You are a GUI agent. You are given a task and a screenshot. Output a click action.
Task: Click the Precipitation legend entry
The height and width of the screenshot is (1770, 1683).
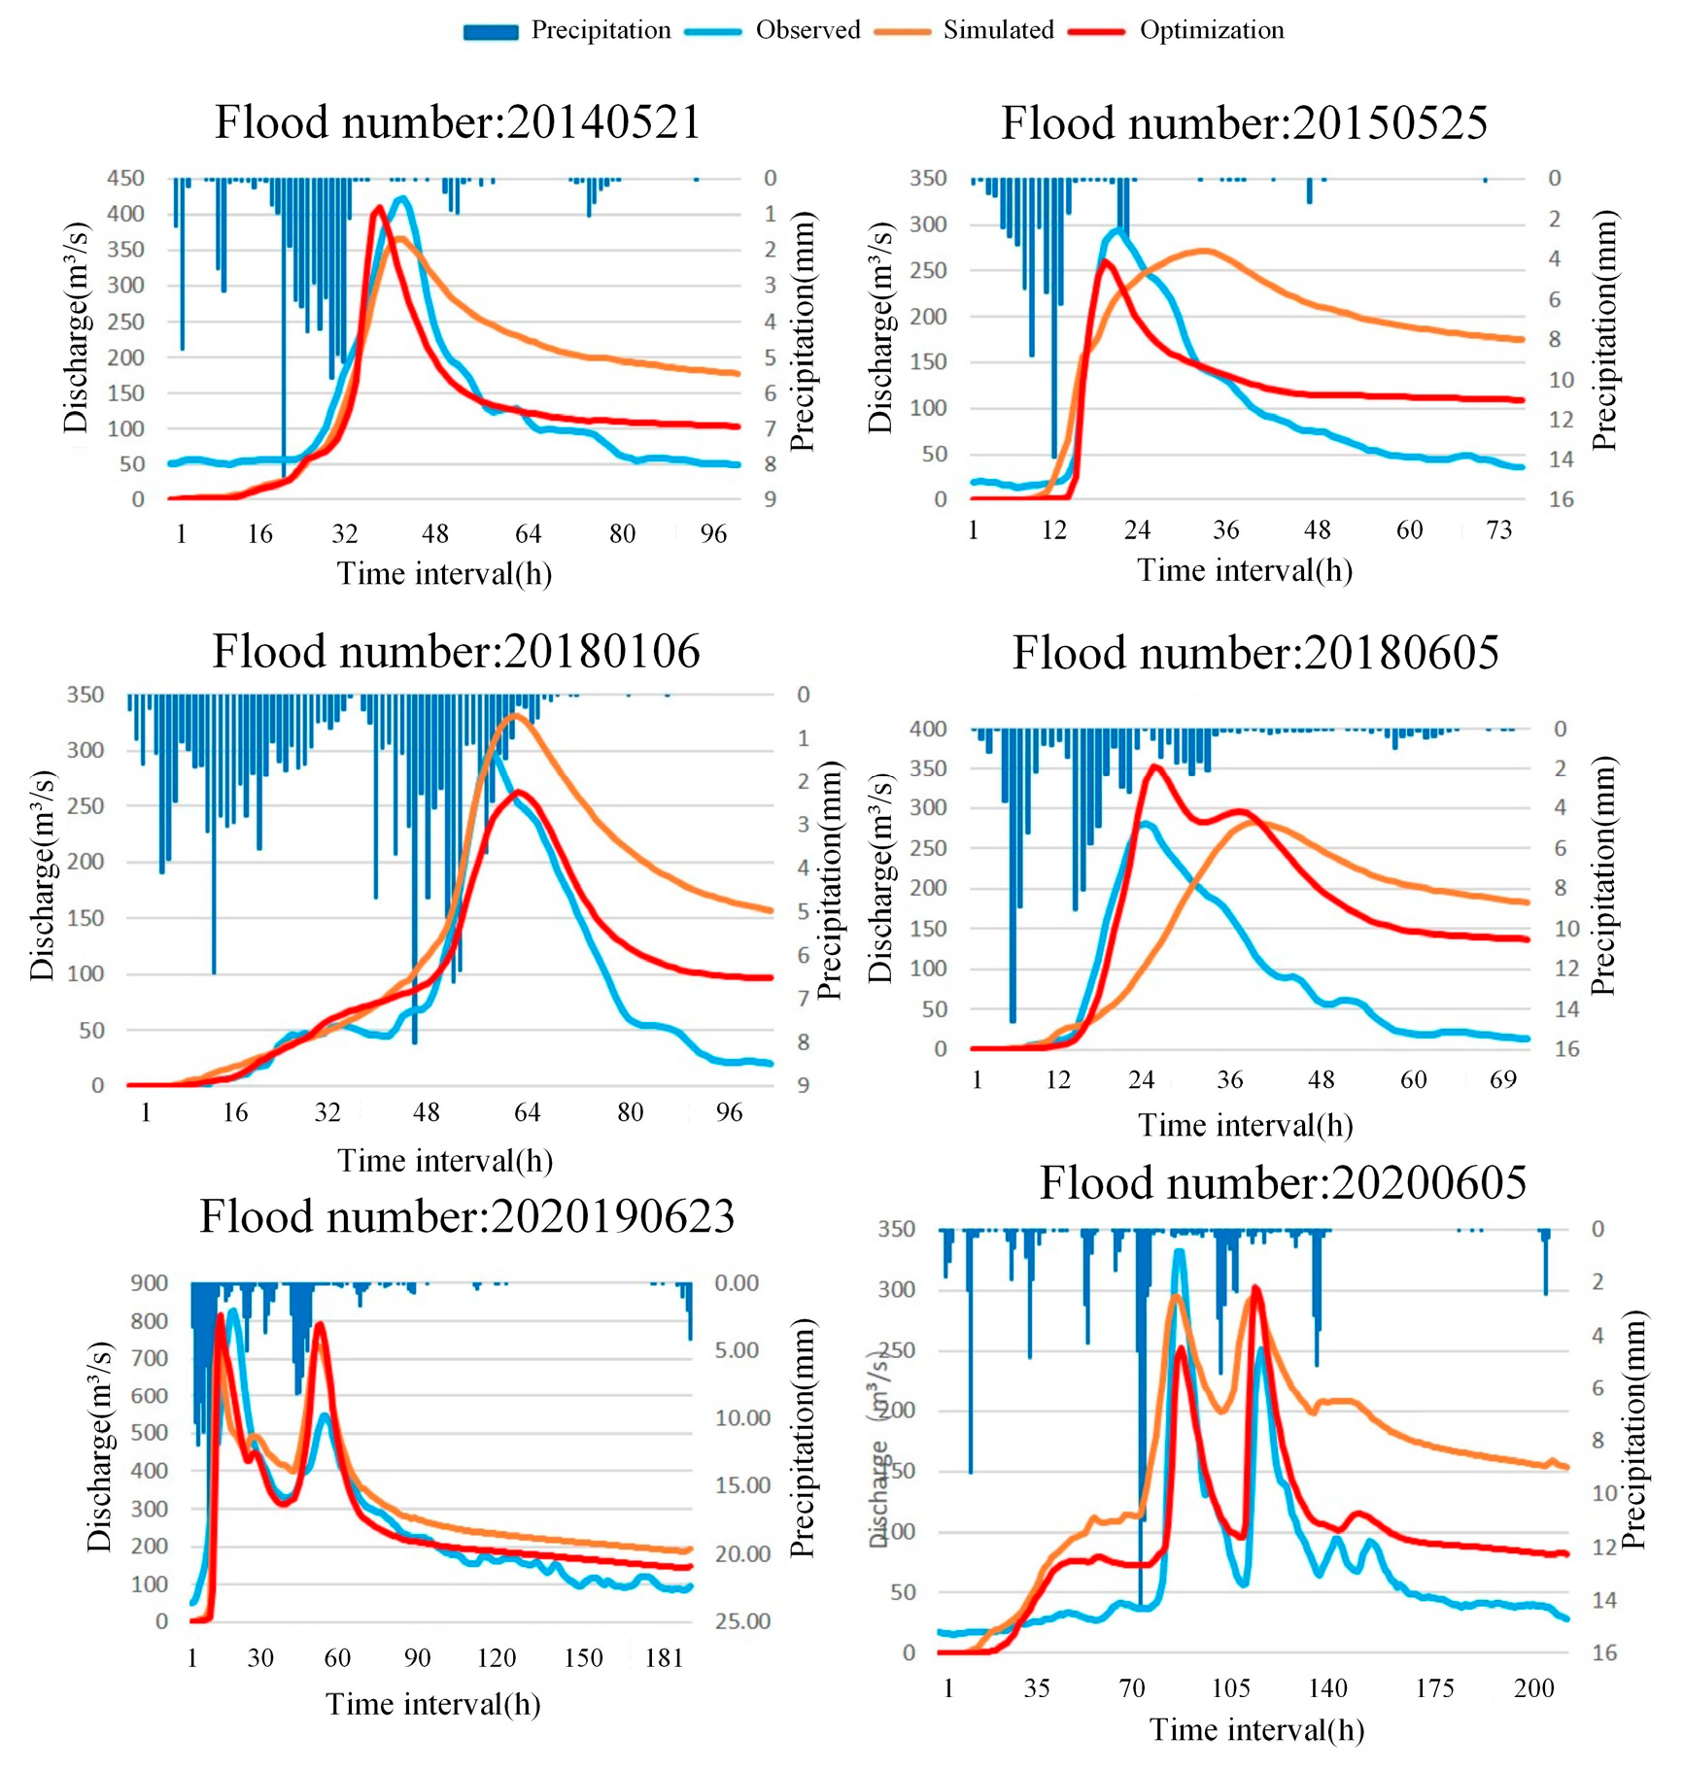[567, 31]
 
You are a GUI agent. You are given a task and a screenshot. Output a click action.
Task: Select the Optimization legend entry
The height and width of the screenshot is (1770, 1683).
[1177, 31]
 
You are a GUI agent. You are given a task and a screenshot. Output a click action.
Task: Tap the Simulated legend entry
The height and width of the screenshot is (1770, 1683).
[965, 31]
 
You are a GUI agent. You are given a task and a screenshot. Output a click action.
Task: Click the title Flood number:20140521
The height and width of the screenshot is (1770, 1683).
[457, 123]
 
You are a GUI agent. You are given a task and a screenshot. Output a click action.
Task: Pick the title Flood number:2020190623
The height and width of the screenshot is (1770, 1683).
[466, 1216]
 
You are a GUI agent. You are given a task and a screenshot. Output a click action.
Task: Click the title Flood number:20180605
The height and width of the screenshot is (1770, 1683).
[1254, 652]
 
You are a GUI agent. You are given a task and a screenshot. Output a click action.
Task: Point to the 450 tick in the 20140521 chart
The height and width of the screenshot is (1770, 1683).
[125, 179]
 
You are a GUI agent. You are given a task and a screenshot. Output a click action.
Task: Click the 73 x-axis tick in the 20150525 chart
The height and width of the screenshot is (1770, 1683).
[1498, 530]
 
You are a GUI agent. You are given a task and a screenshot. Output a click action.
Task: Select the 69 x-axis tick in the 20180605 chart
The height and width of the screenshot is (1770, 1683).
[1502, 1079]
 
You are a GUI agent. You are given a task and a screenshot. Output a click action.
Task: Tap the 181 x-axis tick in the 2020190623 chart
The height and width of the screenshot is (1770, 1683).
[664, 1657]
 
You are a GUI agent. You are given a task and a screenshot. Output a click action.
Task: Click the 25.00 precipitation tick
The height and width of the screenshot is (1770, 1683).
[742, 1620]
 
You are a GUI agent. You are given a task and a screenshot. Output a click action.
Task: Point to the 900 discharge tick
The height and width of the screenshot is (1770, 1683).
[149, 1283]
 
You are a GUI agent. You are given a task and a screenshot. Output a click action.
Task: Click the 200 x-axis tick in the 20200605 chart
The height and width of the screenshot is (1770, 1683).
[1533, 1688]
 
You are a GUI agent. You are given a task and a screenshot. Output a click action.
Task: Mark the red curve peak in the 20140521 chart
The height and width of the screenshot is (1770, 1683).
[379, 207]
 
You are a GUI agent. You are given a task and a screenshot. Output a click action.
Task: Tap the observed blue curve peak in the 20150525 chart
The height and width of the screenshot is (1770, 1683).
[1119, 231]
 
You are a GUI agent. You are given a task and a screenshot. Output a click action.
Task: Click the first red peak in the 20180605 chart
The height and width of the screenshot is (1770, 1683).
[1154, 766]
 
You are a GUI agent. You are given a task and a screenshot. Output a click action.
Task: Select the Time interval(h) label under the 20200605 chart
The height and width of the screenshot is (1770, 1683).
[1255, 1730]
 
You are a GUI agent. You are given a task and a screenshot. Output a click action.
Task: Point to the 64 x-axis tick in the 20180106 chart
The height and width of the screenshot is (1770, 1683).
[526, 1112]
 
